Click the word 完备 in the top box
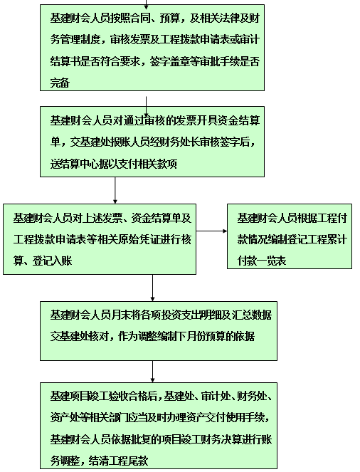pos(60,83)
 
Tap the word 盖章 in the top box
pos(179,61)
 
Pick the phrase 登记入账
pos(52,261)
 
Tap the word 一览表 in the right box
pos(271,261)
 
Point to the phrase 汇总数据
pos(252,315)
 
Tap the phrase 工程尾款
pos(129,461)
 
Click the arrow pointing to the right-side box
pos(212,231)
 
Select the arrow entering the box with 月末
pos(152,288)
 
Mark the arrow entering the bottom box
pos(152,372)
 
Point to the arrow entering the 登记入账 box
pos(115,190)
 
